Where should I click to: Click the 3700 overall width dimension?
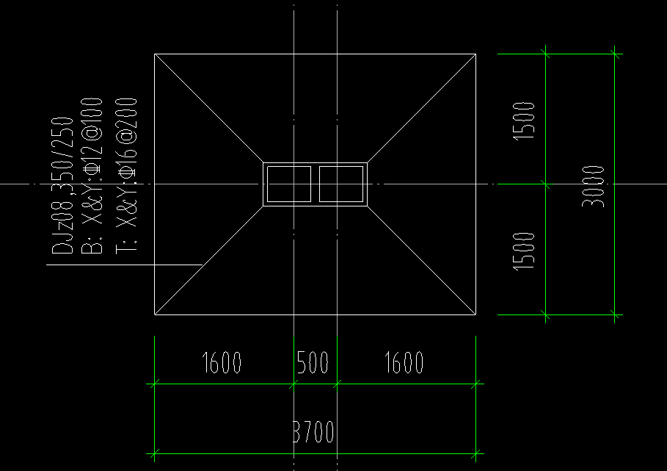coord(314,432)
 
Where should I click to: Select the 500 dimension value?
coord(313,362)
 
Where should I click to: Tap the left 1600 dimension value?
coord(221,362)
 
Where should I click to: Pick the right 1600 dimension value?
coord(404,362)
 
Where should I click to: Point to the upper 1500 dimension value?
coord(524,121)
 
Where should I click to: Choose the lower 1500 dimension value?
coord(524,251)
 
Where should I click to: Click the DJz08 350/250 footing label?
coord(64,184)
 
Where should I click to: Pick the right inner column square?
coord(341,184)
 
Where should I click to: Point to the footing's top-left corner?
coord(155,54)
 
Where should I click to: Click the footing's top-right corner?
coord(475,54)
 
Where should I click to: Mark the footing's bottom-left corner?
coord(155,314)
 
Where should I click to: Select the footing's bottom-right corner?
coord(475,314)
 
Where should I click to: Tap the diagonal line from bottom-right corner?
coord(422,261)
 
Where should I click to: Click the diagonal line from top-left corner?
coord(209,108)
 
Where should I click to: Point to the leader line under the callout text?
coord(125,265)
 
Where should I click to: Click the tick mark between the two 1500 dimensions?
coord(545,184)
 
